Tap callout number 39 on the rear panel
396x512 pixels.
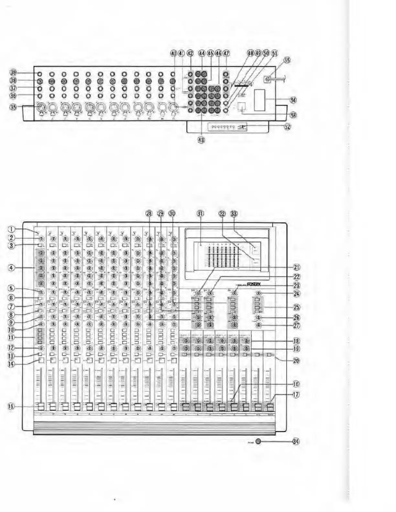[13, 73]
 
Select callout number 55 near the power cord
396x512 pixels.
[287, 60]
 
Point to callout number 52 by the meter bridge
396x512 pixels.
[287, 127]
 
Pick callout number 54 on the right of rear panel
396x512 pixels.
[293, 100]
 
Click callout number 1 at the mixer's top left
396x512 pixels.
[12, 229]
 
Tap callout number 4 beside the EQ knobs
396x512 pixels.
[12, 268]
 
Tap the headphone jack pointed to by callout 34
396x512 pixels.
[258, 441]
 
